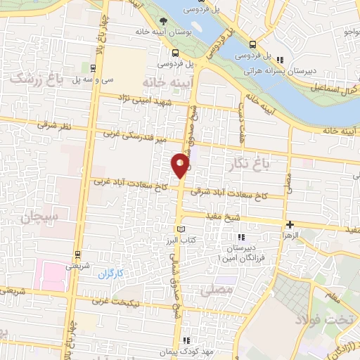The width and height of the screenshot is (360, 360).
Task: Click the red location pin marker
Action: tap(181, 165)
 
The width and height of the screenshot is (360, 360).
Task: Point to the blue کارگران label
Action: tap(110, 272)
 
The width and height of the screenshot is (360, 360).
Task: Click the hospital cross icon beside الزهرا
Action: tap(290, 225)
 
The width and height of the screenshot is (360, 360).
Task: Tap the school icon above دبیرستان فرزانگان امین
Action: tap(243, 237)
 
